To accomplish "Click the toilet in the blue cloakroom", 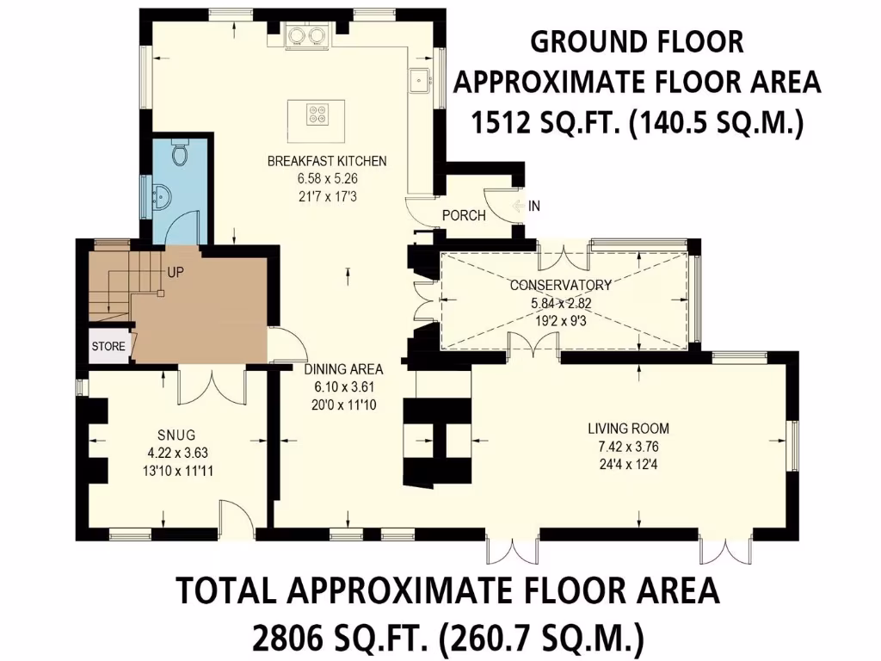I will pos(180,152).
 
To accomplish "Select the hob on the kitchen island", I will pos(317,113).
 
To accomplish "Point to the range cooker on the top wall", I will pos(307,34).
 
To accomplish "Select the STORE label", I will pos(109,346).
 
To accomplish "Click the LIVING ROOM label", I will pos(629,428).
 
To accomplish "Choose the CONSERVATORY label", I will pos(560,285).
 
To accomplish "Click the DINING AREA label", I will pos(342,369).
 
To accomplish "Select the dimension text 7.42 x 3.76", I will pos(629,447).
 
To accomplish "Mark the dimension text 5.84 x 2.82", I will pos(560,303).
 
